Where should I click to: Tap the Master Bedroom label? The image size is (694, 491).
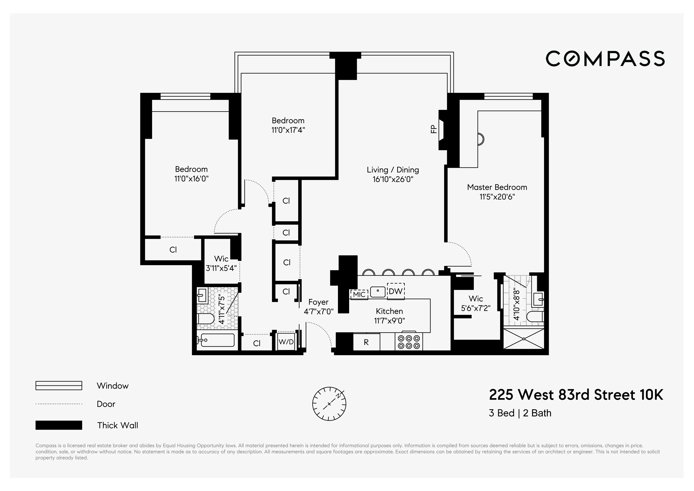497,187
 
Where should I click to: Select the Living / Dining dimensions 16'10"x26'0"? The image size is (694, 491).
393,179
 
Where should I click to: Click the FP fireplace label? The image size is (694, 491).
434,129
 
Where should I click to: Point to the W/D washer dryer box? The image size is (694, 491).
286,342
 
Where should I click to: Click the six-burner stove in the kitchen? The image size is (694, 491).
409,342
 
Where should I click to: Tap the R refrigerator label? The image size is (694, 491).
366,342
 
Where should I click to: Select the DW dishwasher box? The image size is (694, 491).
396,291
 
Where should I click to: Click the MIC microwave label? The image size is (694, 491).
359,294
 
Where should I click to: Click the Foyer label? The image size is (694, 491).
318,302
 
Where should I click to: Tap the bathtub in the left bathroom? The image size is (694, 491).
217,340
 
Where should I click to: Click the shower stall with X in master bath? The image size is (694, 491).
523,339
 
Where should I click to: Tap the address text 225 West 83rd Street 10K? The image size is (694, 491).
576,395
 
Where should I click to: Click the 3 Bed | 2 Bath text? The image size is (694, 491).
520,413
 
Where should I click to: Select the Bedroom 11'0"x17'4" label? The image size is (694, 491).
288,125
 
